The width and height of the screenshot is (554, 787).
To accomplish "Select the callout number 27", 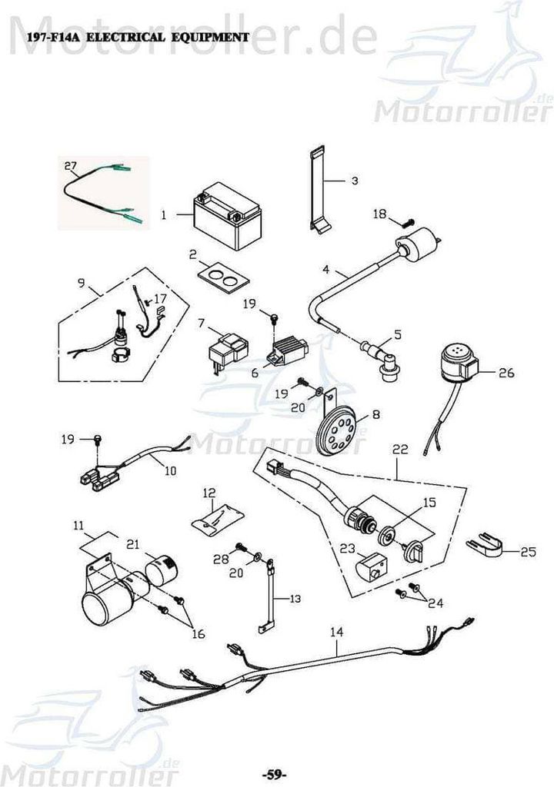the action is coord(70,165).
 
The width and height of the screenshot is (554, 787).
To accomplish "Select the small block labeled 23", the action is coord(372,568).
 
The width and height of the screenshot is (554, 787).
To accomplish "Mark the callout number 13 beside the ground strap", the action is coord(295,599).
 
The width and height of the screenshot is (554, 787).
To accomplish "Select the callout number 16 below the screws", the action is coord(199,634).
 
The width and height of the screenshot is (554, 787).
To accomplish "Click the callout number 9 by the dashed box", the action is coord(81,283).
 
